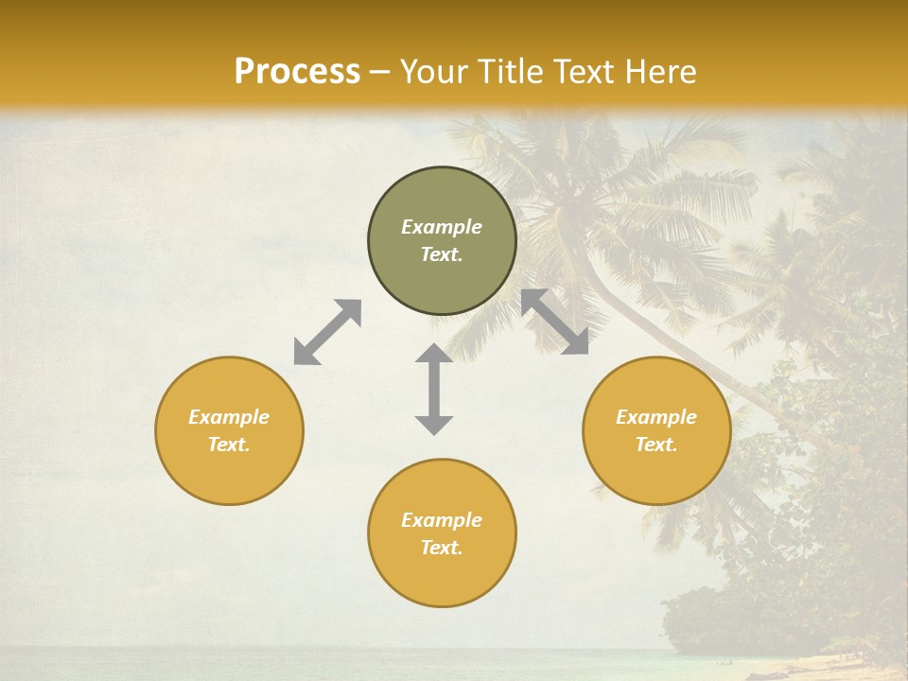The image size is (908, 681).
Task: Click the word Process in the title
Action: pyautogui.click(x=297, y=72)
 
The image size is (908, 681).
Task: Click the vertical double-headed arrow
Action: pyautogui.click(x=434, y=389)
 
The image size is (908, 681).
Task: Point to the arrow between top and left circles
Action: pyautogui.click(x=327, y=332)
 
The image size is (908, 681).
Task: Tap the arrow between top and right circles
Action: pyautogui.click(x=554, y=322)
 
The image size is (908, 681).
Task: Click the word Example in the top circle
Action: pyautogui.click(x=442, y=227)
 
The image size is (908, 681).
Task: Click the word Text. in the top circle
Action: pyautogui.click(x=442, y=254)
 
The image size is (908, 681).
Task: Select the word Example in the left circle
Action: pyautogui.click(x=229, y=417)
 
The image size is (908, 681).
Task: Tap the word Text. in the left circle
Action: pyautogui.click(x=229, y=445)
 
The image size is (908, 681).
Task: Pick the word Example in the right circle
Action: pyautogui.click(x=656, y=417)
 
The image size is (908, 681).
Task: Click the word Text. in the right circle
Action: pyautogui.click(x=656, y=445)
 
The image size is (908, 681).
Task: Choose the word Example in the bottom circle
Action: pyautogui.click(x=442, y=520)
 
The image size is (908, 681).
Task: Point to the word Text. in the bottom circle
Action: pyautogui.click(x=442, y=548)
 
